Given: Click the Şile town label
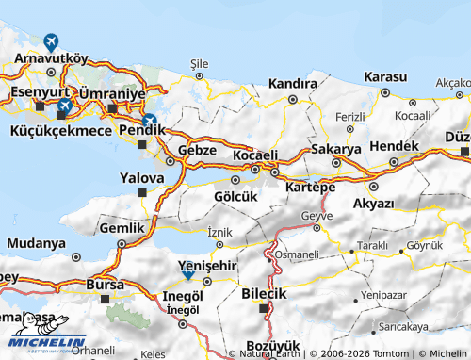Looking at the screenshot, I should tap(199, 63).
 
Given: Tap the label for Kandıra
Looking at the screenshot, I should tap(292, 84).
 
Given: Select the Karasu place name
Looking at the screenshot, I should tap(385, 76).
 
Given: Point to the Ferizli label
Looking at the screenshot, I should tap(350, 117).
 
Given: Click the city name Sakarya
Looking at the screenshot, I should tap(336, 149).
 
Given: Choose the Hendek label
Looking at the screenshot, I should tap(395, 146).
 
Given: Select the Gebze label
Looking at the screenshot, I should tap(198, 150).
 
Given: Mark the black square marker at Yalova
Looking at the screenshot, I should tap(142, 193).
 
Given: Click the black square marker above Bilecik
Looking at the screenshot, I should tap(264, 307).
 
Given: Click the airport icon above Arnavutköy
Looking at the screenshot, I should tap(50, 42).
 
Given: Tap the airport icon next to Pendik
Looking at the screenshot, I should tap(149, 122).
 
